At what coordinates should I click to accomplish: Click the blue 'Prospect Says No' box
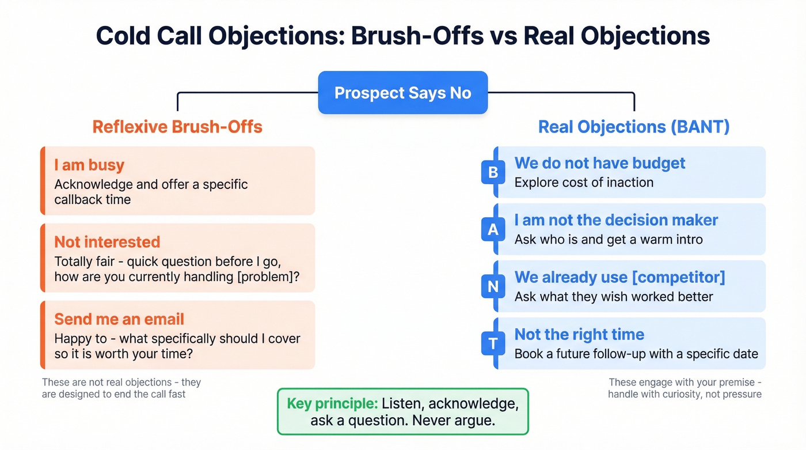click(402, 93)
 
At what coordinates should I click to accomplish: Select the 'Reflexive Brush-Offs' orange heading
click(177, 127)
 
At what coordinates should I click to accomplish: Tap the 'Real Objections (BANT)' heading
click(633, 127)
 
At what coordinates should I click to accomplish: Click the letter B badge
click(493, 172)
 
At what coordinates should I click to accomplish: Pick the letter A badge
click(493, 229)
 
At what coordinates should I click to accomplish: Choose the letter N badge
click(493, 286)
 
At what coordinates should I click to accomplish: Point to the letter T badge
click(493, 343)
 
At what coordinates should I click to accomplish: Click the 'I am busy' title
click(89, 165)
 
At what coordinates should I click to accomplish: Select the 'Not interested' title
click(107, 242)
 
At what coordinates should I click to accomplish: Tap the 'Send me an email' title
click(119, 319)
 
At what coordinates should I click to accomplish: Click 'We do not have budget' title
click(599, 163)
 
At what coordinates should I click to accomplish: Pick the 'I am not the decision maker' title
click(616, 220)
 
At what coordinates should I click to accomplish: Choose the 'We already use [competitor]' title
click(619, 277)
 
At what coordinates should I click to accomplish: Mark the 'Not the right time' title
click(579, 334)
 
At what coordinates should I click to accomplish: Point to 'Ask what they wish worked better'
click(614, 297)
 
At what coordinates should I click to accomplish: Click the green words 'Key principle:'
click(332, 403)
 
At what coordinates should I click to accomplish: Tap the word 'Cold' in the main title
click(124, 36)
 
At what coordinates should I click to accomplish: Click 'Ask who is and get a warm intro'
click(609, 240)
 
